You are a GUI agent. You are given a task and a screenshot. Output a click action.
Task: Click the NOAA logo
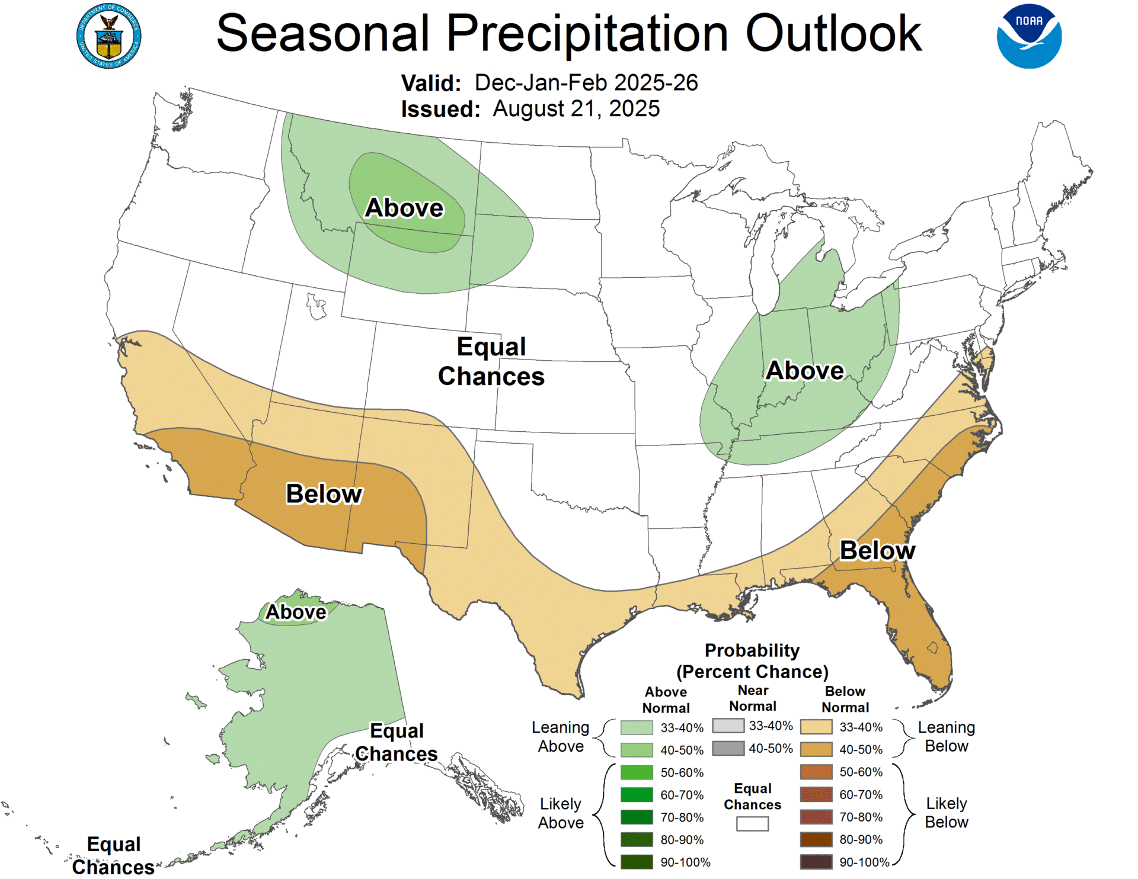pos(1029,36)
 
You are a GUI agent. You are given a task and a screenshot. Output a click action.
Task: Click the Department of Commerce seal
pos(108,36)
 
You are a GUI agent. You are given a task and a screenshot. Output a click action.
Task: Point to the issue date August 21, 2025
pos(576,109)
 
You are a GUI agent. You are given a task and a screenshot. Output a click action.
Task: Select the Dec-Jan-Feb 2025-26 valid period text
pos(586,83)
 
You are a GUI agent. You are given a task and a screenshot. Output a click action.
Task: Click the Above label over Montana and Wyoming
pos(404,208)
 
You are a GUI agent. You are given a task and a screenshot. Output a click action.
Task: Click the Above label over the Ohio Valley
pos(804,370)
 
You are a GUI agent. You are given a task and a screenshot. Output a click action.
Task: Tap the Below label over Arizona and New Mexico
pos(324,493)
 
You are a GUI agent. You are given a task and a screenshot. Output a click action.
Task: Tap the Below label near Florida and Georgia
pos(877,550)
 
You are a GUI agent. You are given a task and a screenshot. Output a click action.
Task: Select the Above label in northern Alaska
pos(296,612)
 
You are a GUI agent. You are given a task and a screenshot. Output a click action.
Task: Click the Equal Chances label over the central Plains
pos(491,361)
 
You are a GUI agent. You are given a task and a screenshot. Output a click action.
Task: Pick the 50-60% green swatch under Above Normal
pos(637,772)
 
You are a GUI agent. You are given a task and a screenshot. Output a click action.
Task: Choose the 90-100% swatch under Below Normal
pos(816,862)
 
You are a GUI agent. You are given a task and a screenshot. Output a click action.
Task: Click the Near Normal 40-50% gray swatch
pos(728,748)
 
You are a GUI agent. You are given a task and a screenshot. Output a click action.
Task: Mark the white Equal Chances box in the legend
pos(752,823)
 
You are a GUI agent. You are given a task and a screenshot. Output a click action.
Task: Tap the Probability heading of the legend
pos(752,650)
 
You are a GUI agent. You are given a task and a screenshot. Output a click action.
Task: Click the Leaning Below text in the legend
pos(946,736)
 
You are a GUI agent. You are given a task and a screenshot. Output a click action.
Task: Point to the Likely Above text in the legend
pos(561,813)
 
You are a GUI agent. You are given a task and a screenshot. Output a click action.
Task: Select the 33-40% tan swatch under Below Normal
pos(816,727)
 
